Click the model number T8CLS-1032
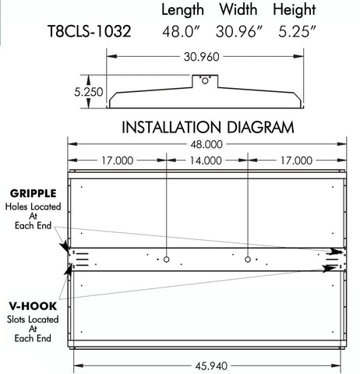point(88,32)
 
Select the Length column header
point(182,10)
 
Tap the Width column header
point(238,10)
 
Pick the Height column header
point(295,10)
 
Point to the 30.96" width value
point(238,32)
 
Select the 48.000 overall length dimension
point(206,143)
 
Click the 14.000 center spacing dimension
point(206,161)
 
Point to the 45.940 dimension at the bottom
point(206,364)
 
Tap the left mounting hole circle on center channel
point(168,259)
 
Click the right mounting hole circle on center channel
point(247,259)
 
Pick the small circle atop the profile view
point(204,79)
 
